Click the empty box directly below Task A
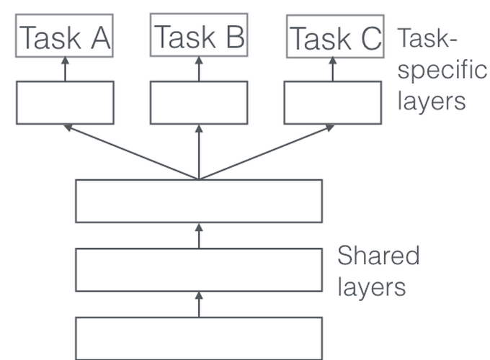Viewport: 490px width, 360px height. tap(65, 102)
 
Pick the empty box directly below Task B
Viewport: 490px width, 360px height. tap(199, 102)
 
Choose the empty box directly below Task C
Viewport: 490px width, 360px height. tap(333, 102)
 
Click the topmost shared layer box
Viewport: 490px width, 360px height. tap(199, 201)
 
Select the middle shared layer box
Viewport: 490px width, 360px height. tap(199, 270)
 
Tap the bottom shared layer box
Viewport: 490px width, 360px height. tap(199, 338)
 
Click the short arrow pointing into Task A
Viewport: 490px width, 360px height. tap(65, 69)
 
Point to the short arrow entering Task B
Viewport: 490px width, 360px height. tap(199, 68)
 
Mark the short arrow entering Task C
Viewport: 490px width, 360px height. tap(333, 69)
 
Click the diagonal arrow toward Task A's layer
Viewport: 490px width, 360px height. tap(130, 152)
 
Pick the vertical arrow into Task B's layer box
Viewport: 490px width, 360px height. tap(199, 151)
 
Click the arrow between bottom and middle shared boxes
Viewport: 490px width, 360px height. tap(199, 305)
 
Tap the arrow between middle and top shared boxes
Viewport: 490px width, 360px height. tap(199, 235)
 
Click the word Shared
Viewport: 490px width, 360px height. tap(378, 256)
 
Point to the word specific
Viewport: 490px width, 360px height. tap(442, 71)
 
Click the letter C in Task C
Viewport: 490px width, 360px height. tap(370, 38)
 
